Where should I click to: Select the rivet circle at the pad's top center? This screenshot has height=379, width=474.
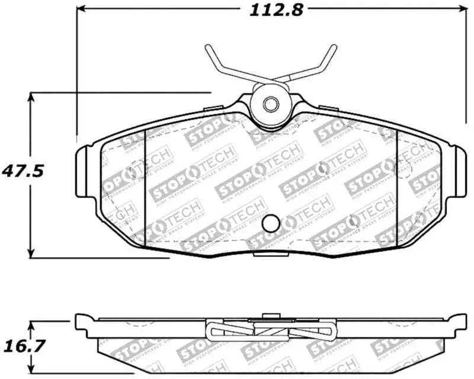(271, 104)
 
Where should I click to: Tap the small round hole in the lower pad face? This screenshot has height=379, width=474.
(271, 223)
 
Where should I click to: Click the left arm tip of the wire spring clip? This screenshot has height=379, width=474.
(208, 48)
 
